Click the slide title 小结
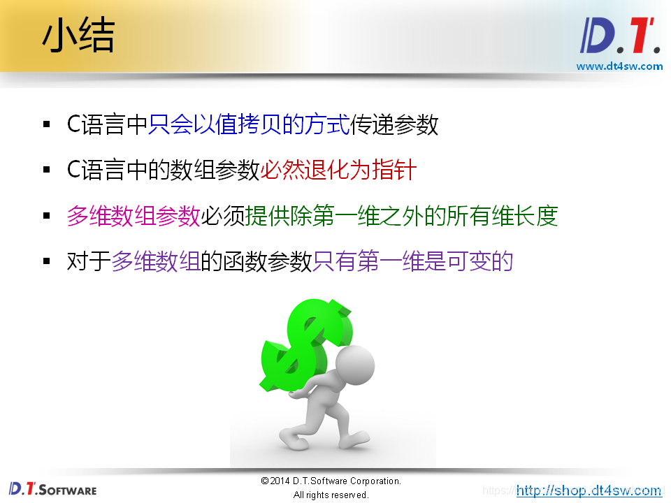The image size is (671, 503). click(78, 37)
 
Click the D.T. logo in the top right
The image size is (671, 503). click(620, 36)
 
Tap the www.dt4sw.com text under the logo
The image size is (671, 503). click(619, 66)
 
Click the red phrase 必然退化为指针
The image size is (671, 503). click(338, 170)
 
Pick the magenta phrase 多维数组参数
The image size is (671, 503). click(134, 216)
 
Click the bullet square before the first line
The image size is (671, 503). click(47, 126)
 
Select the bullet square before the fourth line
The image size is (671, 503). click(47, 262)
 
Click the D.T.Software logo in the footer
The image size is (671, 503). click(52, 489)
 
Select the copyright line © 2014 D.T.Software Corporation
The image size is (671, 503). click(331, 481)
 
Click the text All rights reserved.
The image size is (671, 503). click(331, 495)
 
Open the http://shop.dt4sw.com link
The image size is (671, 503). click(589, 490)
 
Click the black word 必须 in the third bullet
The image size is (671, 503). click(223, 216)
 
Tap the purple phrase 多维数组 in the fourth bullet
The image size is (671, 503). click(156, 261)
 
